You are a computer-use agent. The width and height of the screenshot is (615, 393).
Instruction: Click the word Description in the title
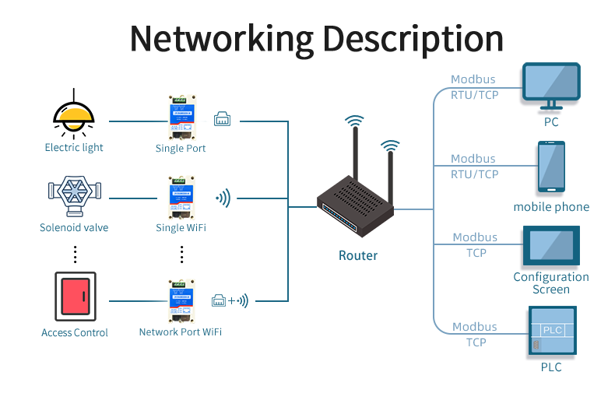(x=413, y=38)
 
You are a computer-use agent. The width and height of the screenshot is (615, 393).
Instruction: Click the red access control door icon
(x=75, y=296)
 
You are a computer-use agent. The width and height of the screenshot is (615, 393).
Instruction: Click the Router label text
(x=358, y=255)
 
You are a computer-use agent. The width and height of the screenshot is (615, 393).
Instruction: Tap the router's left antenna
(x=354, y=156)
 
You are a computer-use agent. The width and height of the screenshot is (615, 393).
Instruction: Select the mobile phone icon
(x=551, y=167)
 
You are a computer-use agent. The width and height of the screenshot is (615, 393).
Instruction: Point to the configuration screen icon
(x=551, y=245)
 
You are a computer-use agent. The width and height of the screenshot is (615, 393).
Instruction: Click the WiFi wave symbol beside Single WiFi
(x=223, y=198)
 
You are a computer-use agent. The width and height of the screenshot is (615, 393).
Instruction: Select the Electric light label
(x=74, y=147)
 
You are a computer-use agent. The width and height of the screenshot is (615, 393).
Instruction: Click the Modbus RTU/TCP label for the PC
(x=474, y=87)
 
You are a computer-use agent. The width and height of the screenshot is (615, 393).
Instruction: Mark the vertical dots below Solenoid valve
(x=75, y=254)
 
